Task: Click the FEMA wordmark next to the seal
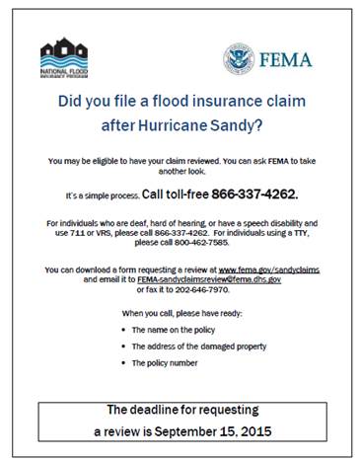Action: tap(286, 59)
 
